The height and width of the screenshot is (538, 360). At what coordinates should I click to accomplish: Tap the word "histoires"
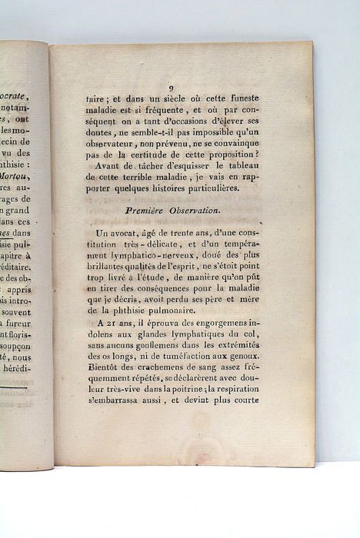tap(175, 197)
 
